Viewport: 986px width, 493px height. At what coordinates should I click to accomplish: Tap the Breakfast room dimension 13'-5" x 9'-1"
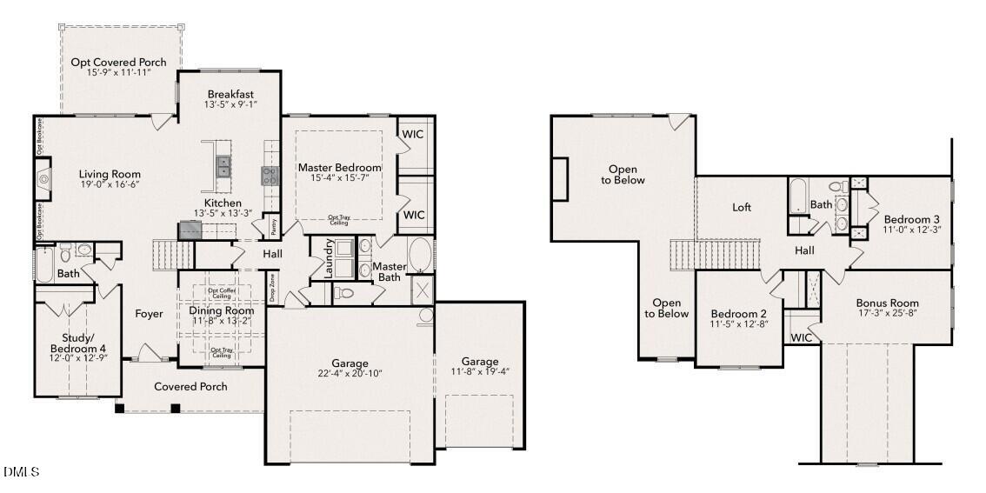tap(230, 105)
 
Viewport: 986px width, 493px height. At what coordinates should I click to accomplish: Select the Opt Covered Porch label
tap(119, 63)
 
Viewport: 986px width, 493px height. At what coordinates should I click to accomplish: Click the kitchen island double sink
tap(223, 165)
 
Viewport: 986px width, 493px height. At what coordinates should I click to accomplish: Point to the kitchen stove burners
tap(269, 176)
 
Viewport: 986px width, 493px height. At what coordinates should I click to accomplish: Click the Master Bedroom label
tap(339, 167)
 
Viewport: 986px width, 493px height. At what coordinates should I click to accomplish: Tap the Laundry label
tap(330, 258)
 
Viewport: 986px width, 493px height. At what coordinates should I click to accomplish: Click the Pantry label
tap(273, 225)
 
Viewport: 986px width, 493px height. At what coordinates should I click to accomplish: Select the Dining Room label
tap(222, 310)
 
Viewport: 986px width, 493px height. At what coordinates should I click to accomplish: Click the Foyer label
tap(149, 314)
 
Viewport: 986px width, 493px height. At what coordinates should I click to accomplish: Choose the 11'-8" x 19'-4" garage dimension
tap(480, 372)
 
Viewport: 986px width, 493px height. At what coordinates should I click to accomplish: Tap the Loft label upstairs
tap(742, 208)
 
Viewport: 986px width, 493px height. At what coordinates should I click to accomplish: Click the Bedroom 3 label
tap(911, 219)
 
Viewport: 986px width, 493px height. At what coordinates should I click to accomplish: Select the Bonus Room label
tap(887, 303)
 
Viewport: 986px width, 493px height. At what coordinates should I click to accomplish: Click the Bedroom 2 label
tap(738, 314)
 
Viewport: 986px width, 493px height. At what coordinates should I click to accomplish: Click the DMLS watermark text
tap(22, 472)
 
